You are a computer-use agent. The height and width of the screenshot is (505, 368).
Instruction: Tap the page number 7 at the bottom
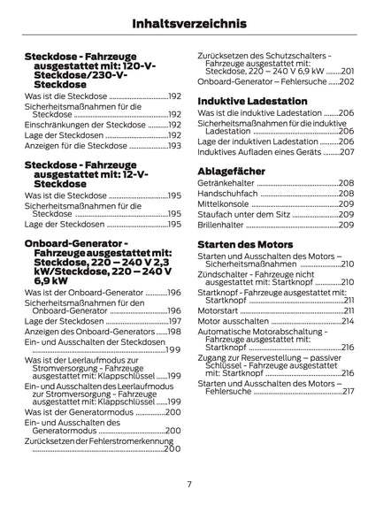click(x=188, y=484)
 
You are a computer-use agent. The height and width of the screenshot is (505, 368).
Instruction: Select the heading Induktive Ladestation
click(x=249, y=100)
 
